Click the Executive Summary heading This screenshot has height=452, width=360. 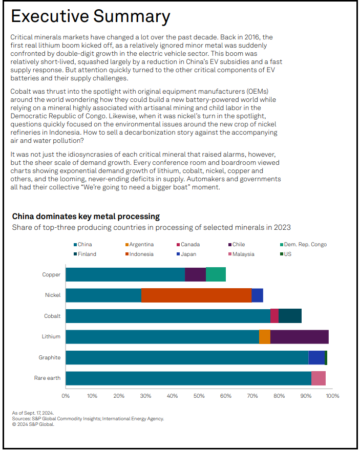91,16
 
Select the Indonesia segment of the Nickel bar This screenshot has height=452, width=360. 196,295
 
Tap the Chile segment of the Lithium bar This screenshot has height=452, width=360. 299,337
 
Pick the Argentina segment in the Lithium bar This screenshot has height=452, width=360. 264,337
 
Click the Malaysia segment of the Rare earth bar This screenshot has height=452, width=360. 318,378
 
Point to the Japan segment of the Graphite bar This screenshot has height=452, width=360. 316,357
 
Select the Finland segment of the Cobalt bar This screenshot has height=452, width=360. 290,316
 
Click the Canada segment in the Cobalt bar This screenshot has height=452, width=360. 274,316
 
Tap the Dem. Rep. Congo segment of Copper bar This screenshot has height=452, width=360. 216,274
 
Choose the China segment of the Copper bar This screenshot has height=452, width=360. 125,274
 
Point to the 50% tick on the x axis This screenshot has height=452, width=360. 199,396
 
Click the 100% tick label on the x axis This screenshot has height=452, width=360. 332,396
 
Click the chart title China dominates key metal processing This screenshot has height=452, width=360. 86,217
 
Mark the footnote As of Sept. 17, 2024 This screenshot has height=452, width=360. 33,413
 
